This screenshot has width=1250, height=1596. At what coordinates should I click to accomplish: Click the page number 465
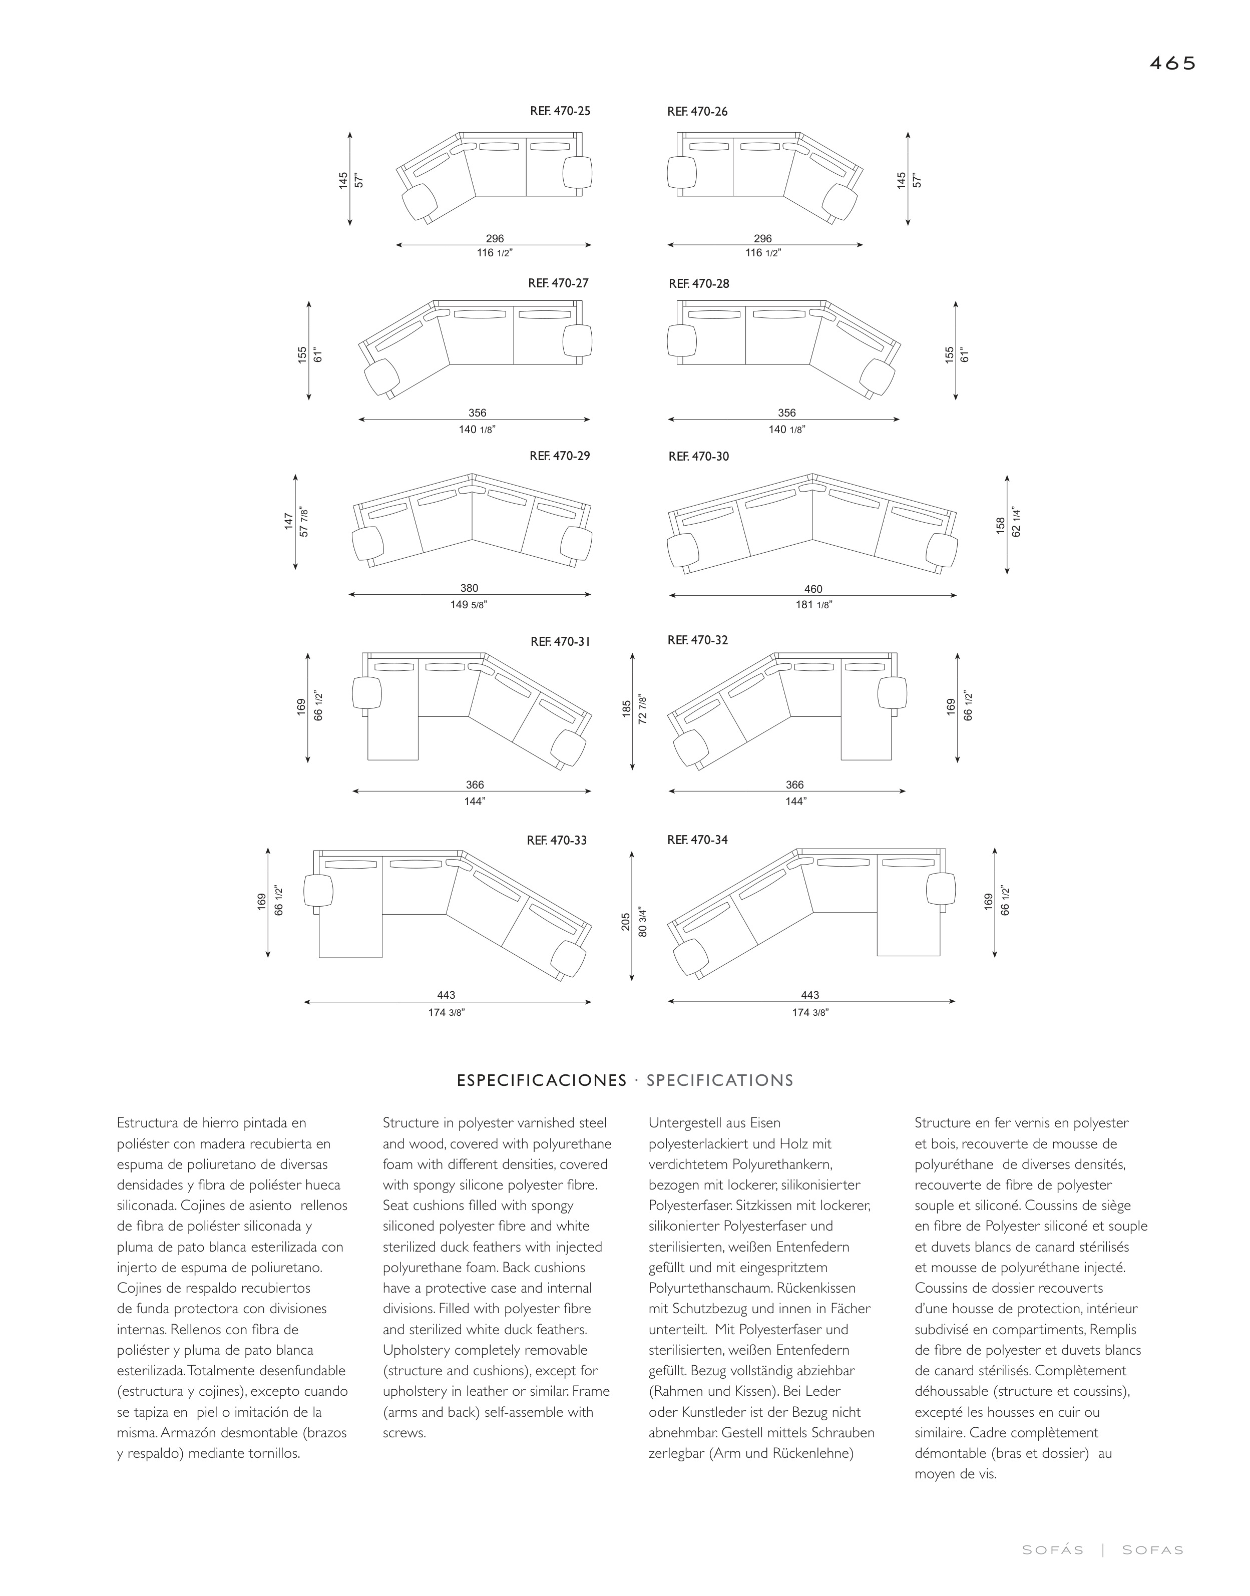1172,64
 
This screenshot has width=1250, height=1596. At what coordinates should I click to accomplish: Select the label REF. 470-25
560,111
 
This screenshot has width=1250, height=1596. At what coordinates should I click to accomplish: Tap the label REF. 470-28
699,284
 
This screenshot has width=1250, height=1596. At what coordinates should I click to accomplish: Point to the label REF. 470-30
699,457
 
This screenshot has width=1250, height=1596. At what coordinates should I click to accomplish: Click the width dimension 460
813,589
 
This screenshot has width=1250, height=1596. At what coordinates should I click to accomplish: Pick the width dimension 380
469,588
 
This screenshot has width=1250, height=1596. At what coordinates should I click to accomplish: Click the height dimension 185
627,708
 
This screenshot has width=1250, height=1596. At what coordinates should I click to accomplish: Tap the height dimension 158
1000,526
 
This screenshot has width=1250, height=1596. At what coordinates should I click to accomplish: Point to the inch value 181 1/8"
813,605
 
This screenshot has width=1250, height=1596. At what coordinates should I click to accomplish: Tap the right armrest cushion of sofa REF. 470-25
577,173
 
